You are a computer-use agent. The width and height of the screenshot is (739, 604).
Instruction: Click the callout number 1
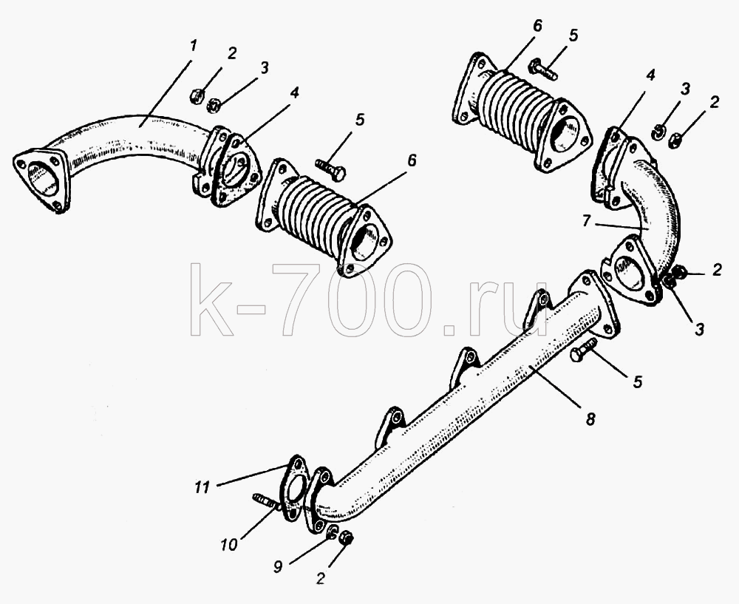pyautogui.click(x=193, y=47)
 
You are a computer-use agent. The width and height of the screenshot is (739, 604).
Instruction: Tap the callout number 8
pyautogui.click(x=590, y=418)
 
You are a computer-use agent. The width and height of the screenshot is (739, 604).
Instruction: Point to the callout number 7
pyautogui.click(x=586, y=221)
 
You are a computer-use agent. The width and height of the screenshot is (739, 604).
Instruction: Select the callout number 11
pyautogui.click(x=202, y=487)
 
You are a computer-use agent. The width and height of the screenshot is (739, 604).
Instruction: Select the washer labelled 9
pyautogui.click(x=333, y=532)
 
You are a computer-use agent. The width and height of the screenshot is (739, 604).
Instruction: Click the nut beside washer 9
pyautogui.click(x=347, y=537)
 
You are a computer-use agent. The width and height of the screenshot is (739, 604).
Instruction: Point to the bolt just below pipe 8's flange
pyautogui.click(x=584, y=350)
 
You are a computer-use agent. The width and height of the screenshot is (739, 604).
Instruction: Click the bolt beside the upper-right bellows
pyautogui.click(x=543, y=68)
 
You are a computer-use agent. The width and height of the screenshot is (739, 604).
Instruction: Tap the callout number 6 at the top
pyautogui.click(x=537, y=27)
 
